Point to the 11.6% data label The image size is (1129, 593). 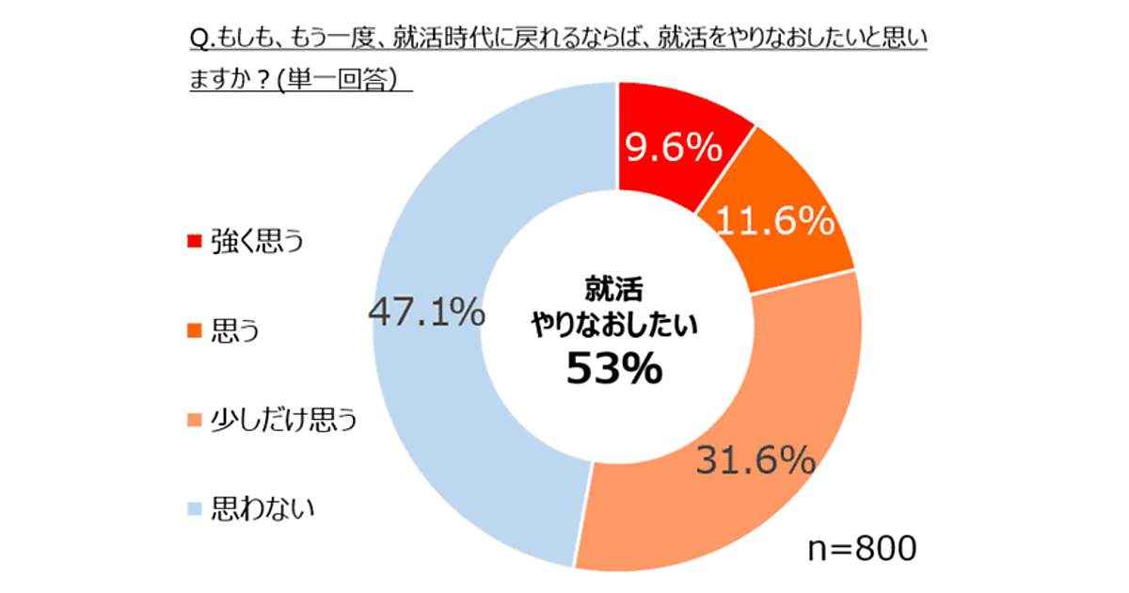pyautogui.click(x=774, y=222)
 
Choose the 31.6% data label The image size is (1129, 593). pyautogui.click(x=755, y=460)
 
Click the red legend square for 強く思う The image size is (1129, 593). pyautogui.click(x=195, y=242)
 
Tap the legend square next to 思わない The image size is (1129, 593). pyautogui.click(x=195, y=510)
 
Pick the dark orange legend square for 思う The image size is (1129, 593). pyautogui.click(x=195, y=331)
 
